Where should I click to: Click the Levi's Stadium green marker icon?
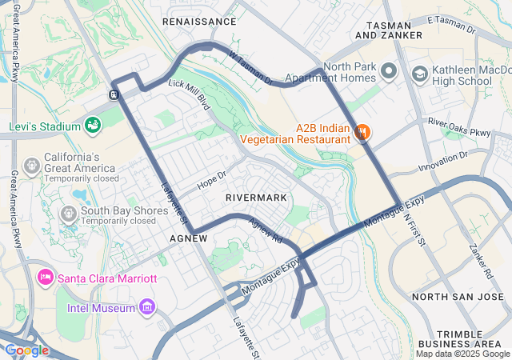point(93,126)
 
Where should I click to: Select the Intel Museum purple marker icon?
point(146,306)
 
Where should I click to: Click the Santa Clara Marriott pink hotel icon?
point(45,277)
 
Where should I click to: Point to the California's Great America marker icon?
point(32,165)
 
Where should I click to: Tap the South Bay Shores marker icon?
point(67,214)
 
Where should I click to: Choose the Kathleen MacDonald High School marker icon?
point(419,74)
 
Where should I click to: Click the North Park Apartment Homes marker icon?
point(389,72)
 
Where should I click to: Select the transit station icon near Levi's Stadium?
point(114,94)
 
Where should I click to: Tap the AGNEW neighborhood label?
point(189,238)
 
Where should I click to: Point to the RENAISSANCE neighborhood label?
point(200,22)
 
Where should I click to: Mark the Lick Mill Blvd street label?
point(189,94)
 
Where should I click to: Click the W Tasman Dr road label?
point(250,69)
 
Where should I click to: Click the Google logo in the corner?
point(26,350)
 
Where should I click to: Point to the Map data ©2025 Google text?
point(462,354)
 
